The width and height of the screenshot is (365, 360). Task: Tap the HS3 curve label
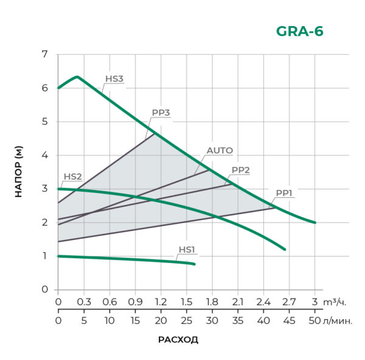pyautogui.click(x=114, y=79)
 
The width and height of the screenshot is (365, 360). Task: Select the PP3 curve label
pyautogui.click(x=161, y=113)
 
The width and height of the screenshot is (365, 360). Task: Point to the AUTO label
pyautogui.click(x=220, y=150)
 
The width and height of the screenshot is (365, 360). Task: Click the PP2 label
pyautogui.click(x=241, y=170)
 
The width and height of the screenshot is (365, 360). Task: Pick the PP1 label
pyautogui.click(x=285, y=193)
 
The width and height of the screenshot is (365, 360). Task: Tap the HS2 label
pyautogui.click(x=72, y=177)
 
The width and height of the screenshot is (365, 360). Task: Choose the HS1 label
pyautogui.click(x=187, y=249)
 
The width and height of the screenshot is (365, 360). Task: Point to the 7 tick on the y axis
pyautogui.click(x=44, y=54)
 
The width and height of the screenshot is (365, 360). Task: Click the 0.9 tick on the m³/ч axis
pyautogui.click(x=135, y=302)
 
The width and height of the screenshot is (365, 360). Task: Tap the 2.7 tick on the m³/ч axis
pyautogui.click(x=290, y=302)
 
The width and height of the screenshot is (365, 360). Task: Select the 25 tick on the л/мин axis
pyautogui.click(x=161, y=320)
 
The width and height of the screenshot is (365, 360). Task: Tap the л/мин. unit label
pyautogui.click(x=338, y=320)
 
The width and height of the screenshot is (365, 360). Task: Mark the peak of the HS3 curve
pyautogui.click(x=77, y=77)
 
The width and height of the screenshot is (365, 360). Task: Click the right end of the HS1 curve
pyautogui.click(x=195, y=264)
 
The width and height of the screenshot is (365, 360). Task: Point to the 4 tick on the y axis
pyautogui.click(x=44, y=155)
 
